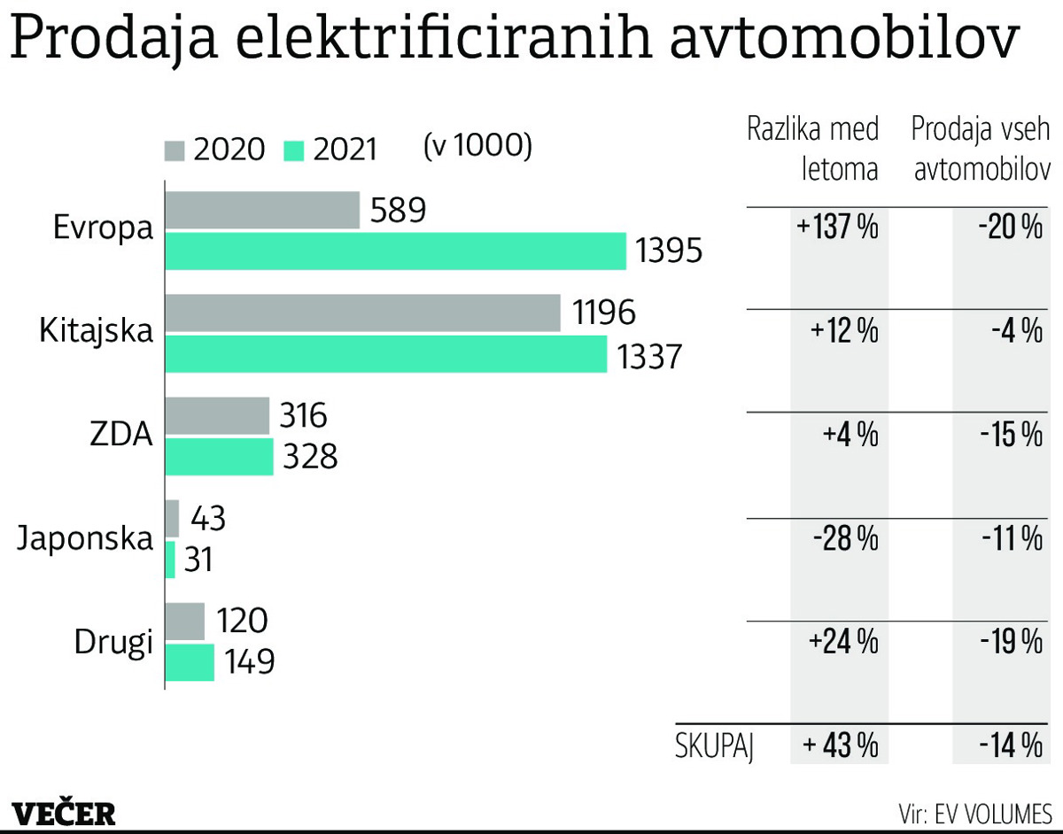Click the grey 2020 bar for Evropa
[262, 211]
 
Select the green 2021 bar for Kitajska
[385, 354]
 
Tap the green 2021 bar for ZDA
[220, 457]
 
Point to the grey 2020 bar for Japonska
[172, 519]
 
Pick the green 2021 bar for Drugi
[190, 662]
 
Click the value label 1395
[669, 252]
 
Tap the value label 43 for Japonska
[207, 519]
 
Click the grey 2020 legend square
[175, 150]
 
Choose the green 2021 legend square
[294, 150]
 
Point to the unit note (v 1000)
[478, 145]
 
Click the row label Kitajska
[97, 332]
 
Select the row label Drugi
[113, 641]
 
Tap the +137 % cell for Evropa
[837, 228]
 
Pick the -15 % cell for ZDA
[1011, 435]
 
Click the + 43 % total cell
[840, 745]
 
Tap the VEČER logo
[64, 812]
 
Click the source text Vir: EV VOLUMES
[974, 812]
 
